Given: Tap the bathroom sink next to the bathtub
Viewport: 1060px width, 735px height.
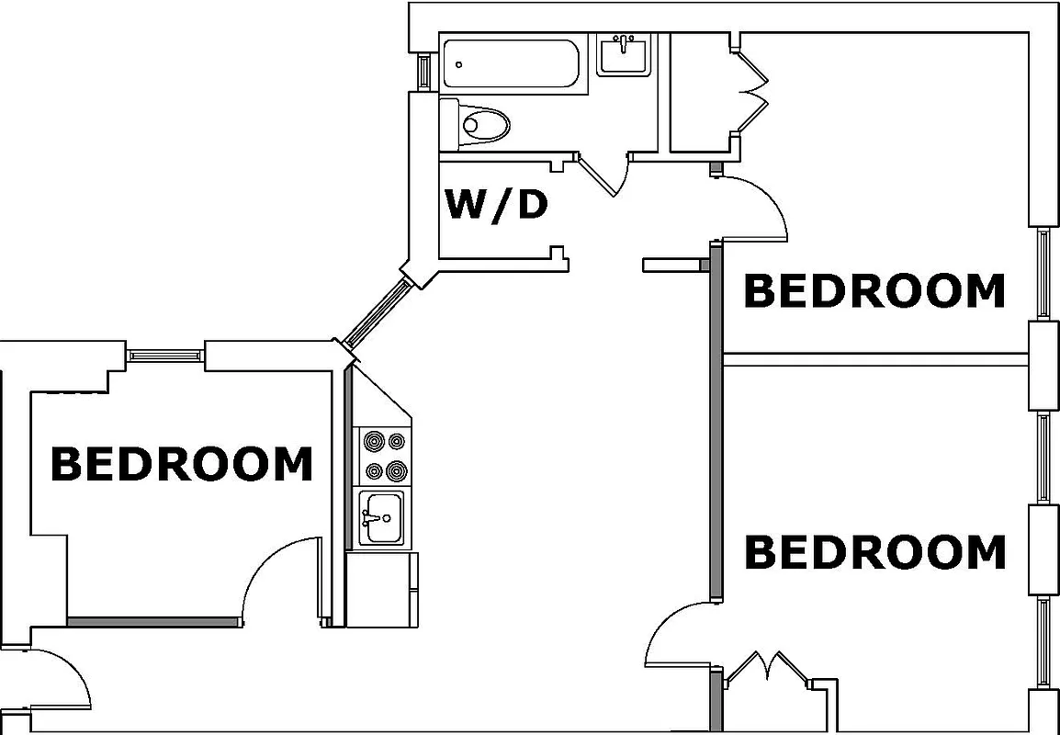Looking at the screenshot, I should pos(624,54).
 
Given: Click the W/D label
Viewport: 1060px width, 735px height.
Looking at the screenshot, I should pos(496,204).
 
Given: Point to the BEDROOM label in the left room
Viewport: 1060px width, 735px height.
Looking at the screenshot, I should pos(181,464).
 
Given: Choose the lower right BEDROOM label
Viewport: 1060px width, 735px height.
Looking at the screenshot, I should pos(874,552).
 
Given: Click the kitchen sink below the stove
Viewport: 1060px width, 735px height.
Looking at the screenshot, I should pos(380,518).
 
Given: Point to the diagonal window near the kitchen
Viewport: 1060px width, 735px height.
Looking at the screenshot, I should pos(375,311).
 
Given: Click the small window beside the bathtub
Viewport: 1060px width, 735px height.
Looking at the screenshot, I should pos(424,71).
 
